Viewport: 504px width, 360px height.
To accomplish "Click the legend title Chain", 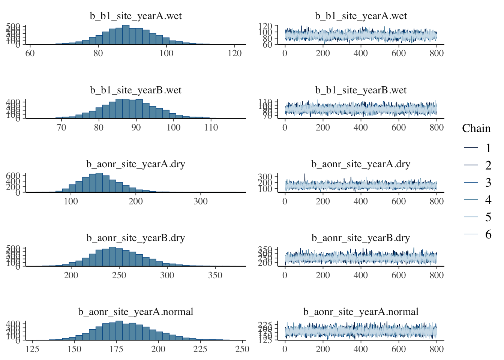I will tap(476, 129).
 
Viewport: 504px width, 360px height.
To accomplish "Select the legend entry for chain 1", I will tap(488, 148).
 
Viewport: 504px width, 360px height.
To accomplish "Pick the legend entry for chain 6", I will tap(488, 234).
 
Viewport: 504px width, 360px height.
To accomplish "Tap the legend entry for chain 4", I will tap(488, 200).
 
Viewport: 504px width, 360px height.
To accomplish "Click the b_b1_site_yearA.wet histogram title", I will tap(136, 16).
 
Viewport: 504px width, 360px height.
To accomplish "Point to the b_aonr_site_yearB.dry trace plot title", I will tap(360, 238).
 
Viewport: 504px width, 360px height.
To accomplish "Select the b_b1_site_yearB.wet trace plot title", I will tap(360, 90).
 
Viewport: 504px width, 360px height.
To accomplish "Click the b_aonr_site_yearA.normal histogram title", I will tap(136, 312).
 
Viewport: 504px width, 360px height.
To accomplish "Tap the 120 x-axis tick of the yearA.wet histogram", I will tap(235, 53).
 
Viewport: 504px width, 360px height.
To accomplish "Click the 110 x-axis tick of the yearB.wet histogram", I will tap(211, 127).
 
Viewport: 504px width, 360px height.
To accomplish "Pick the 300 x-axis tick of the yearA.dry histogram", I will tap(201, 201).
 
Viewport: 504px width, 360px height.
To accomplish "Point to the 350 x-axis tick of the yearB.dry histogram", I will tap(215, 275).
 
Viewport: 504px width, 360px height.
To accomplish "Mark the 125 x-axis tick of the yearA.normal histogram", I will tap(32, 349).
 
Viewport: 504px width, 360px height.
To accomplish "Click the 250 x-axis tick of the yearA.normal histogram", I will tap(242, 349).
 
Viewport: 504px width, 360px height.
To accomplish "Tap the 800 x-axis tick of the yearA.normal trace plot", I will tap(436, 349).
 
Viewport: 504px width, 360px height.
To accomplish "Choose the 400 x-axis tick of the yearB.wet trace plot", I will tap(360, 127).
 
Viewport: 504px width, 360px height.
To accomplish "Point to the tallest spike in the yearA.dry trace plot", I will tap(305, 175).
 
